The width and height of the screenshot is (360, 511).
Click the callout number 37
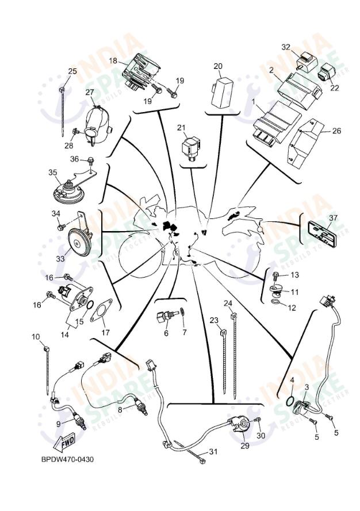[x=333, y=217]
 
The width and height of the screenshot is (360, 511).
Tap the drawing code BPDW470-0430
[x=67, y=459]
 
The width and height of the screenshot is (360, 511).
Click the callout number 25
[x=72, y=71]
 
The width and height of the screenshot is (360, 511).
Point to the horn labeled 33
[x=79, y=240]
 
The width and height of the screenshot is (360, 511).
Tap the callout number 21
[x=182, y=127]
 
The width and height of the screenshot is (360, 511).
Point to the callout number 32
[x=286, y=47]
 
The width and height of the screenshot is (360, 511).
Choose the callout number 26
[x=336, y=131]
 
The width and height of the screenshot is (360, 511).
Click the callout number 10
[x=36, y=336]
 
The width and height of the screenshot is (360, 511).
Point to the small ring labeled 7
[x=182, y=312]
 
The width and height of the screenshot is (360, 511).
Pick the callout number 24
[x=228, y=303]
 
